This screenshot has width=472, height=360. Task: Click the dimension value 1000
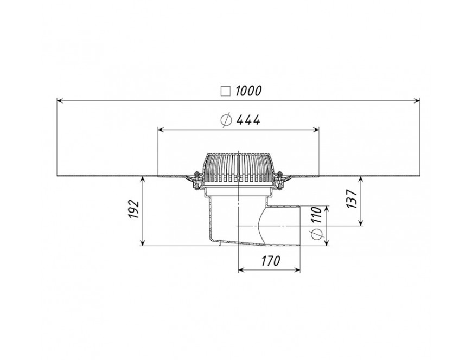click(x=248, y=91)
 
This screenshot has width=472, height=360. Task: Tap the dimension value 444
click(x=248, y=120)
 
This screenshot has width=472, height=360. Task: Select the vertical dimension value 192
click(x=133, y=209)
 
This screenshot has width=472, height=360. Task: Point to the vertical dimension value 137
click(x=352, y=199)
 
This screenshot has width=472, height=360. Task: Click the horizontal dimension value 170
click(x=270, y=261)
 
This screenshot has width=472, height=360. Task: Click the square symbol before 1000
click(x=226, y=91)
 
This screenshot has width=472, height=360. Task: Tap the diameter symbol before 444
click(x=226, y=120)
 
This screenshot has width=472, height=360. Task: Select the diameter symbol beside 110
click(x=317, y=233)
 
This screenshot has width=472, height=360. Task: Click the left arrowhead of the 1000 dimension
click(x=60, y=101)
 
